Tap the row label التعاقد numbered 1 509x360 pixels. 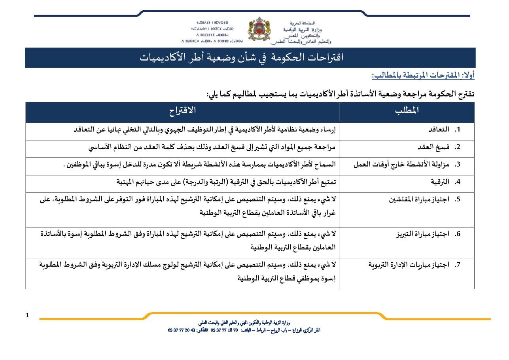(x=439, y=130)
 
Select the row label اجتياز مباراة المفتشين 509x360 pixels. (x=419, y=199)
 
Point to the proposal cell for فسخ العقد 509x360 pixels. (x=212, y=147)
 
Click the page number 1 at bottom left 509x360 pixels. (x=27, y=315)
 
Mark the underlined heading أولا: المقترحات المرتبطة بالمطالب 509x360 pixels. (x=423, y=75)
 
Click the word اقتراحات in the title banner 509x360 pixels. (x=324, y=58)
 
